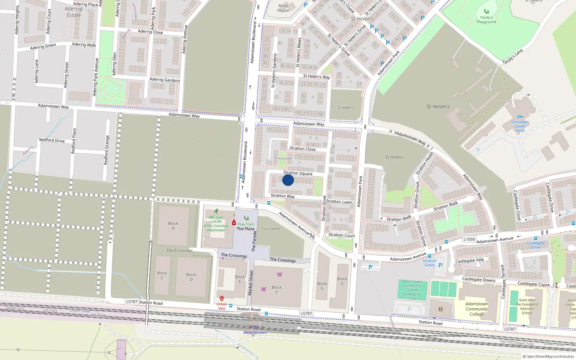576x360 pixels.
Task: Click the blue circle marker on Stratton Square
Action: [x=288, y=180]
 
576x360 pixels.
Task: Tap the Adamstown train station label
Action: [x=255, y=332]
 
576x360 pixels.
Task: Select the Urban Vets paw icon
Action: [x=221, y=299]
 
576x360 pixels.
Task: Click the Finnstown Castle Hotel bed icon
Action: [x=520, y=117]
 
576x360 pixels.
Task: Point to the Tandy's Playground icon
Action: [x=486, y=12]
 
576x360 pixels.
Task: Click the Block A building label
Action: [x=173, y=226]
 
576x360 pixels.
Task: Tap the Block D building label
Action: [x=191, y=277]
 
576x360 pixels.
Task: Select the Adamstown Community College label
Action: [x=477, y=309]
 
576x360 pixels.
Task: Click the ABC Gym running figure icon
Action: [x=216, y=211]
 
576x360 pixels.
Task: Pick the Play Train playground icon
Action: [x=246, y=218]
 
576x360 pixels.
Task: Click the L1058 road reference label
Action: [x=469, y=239]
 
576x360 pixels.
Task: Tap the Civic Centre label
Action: [x=271, y=229]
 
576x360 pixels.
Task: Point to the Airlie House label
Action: [x=283, y=8]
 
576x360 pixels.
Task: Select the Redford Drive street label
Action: [x=52, y=140]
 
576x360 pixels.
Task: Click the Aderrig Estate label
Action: [x=73, y=12]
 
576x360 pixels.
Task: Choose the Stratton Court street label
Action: [x=341, y=235]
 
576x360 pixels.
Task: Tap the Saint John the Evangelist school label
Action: [x=527, y=306]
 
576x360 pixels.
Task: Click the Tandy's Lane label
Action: [x=513, y=57]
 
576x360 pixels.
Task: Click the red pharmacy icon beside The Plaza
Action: [x=234, y=223]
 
